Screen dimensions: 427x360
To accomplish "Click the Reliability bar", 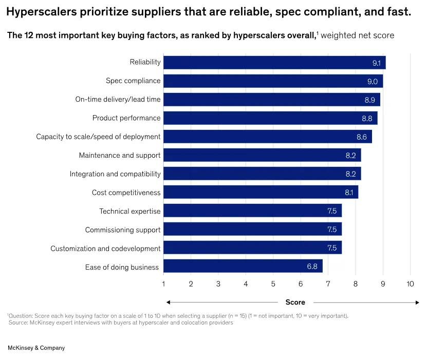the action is (274, 63).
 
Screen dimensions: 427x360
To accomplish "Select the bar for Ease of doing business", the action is (243, 266).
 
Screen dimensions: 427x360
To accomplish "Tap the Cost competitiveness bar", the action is (261, 192).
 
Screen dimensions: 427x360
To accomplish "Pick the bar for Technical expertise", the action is (252, 211).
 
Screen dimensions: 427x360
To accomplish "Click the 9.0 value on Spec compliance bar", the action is (372, 82).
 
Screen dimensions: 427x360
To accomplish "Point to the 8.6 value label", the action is (362, 137).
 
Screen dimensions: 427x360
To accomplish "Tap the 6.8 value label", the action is (312, 267).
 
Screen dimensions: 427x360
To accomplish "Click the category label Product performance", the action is (126, 118).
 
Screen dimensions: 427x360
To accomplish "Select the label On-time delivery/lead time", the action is (118, 99).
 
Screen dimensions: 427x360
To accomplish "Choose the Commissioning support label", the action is (123, 230).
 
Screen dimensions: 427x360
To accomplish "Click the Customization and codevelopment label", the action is (105, 249).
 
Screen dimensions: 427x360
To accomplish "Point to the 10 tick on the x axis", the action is (410, 284).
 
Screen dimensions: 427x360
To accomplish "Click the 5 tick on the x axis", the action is (273, 284).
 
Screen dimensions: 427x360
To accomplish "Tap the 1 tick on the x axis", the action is (163, 284).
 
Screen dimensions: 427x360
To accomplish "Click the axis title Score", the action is (295, 302).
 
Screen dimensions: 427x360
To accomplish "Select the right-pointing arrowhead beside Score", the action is (417, 302).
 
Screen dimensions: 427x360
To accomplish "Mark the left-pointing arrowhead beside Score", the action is (169, 302).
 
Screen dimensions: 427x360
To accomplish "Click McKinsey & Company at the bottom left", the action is (36, 348).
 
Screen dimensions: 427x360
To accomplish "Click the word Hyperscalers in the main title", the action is (42, 12).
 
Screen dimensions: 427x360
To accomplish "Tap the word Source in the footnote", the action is (18, 323).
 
